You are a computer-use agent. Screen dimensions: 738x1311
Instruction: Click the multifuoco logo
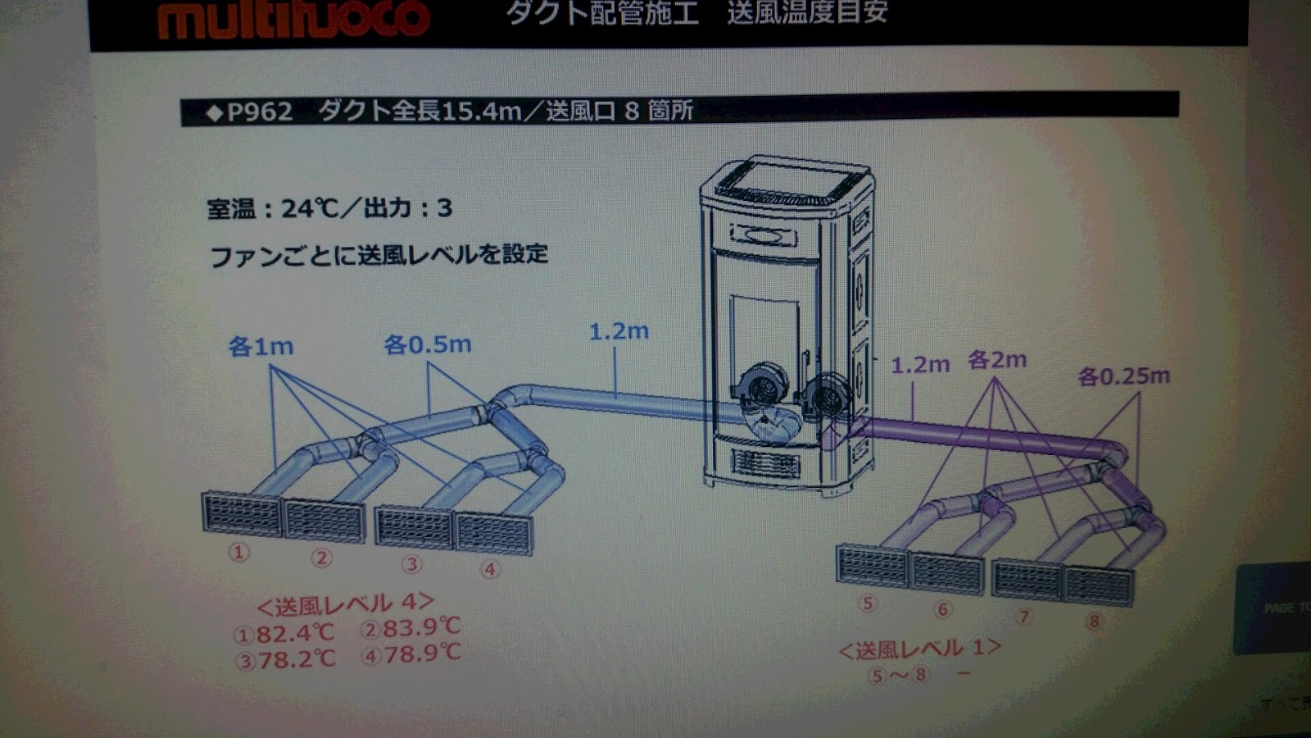click(293, 19)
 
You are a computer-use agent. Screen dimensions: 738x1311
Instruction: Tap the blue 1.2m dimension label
click(619, 331)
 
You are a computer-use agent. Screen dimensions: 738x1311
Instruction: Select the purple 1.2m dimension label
click(919, 364)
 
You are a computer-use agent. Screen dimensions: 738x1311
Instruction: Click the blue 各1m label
click(261, 347)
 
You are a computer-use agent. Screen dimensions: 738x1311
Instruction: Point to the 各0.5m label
click(428, 344)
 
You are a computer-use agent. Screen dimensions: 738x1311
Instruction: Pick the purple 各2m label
click(996, 360)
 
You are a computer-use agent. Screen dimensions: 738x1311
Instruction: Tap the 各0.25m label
click(1123, 376)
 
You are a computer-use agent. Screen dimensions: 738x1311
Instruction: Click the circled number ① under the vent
click(238, 553)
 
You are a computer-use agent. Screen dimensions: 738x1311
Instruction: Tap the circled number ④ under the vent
click(490, 568)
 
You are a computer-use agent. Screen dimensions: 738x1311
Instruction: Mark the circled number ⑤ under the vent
click(867, 604)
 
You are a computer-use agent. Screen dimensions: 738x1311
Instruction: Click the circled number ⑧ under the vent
click(1093, 622)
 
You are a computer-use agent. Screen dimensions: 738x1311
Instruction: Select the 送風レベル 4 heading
click(345, 605)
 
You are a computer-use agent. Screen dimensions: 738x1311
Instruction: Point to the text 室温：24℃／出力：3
click(329, 208)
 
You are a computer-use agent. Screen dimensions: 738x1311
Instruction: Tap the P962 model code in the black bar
click(260, 111)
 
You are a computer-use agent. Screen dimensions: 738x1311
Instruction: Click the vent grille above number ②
click(324, 520)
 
